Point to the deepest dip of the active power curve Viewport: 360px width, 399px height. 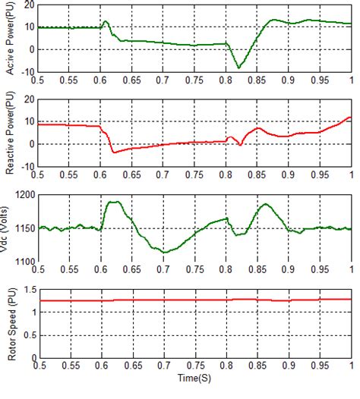tap(239, 68)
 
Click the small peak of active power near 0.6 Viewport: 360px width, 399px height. tap(106, 21)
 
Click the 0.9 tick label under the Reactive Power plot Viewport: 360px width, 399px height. tap(289, 175)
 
